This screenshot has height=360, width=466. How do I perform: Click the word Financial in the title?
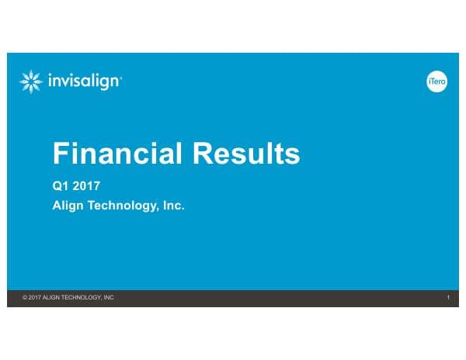pyautogui.click(x=117, y=154)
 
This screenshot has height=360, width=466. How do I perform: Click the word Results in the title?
pyautogui.click(x=245, y=154)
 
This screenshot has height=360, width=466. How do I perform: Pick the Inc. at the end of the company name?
pyautogui.click(x=173, y=207)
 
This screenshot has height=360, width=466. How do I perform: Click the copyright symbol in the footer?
pyautogui.click(x=26, y=298)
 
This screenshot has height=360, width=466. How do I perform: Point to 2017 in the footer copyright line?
pyautogui.click(x=35, y=298)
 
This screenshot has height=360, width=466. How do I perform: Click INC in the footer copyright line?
pyautogui.click(x=109, y=298)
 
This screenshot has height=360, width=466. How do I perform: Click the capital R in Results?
pyautogui.click(x=201, y=154)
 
